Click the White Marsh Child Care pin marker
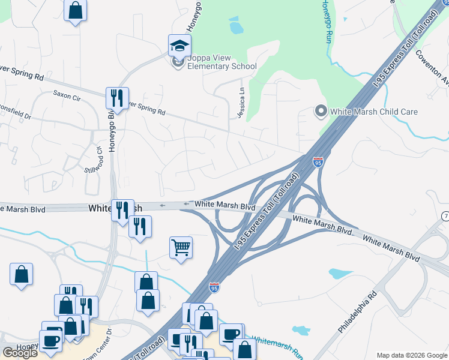(x=321, y=112)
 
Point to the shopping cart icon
(x=181, y=247)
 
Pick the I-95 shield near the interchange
(x=318, y=161)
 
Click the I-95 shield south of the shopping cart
(x=214, y=288)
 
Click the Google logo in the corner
(x=20, y=353)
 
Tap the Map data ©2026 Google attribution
(x=412, y=355)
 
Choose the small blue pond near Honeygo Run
(x=236, y=27)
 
